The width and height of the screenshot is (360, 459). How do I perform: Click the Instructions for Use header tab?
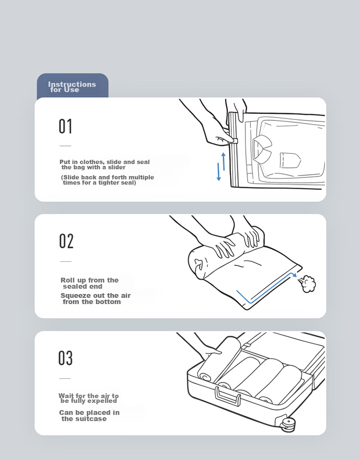pos(72,86)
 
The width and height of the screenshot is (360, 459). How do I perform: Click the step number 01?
pos(65,126)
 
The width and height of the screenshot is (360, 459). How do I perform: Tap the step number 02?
pos(66,241)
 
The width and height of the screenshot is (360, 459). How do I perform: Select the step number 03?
pos(65,358)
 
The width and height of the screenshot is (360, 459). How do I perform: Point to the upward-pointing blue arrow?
pos(224,161)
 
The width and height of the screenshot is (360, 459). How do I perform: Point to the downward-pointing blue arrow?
pos(218,172)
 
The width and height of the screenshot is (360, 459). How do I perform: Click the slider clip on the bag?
pos(233,141)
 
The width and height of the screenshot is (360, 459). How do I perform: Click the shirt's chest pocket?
pos(290,160)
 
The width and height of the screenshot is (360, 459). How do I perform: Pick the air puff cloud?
pos(308,283)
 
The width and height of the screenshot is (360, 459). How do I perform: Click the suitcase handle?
pos(228,396)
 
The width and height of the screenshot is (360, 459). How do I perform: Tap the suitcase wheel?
pos(288,424)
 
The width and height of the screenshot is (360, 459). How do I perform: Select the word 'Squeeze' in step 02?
pos(74,295)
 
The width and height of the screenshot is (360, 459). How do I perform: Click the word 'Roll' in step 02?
pos(68,280)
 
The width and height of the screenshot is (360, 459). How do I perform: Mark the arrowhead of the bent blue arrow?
pos(295,275)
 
